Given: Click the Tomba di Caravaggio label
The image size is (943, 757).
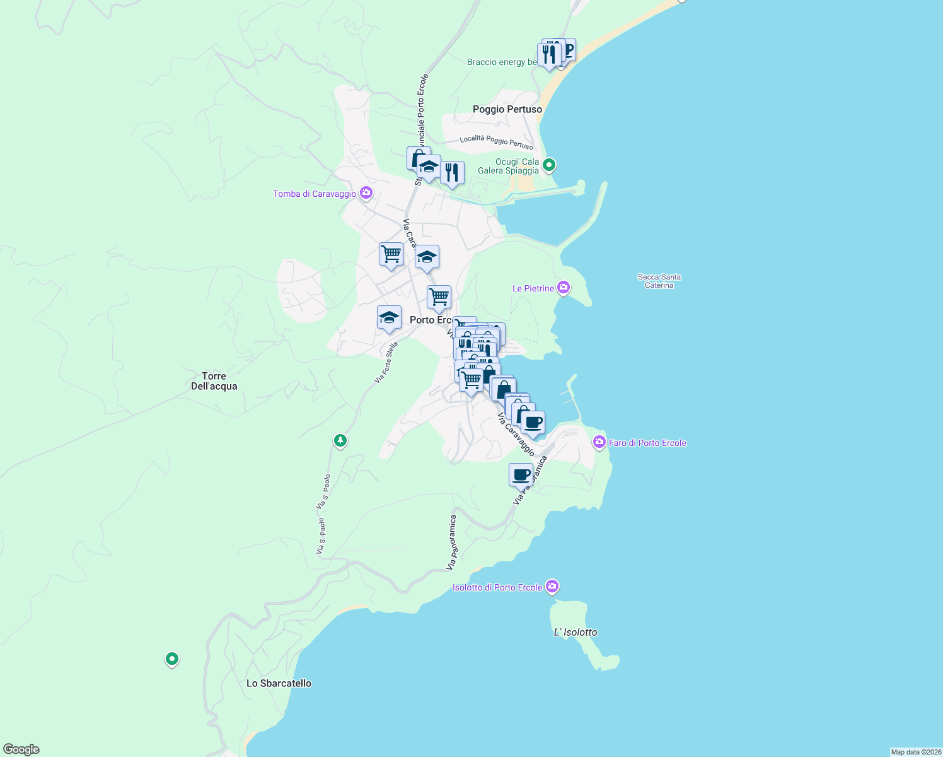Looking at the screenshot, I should click(x=315, y=194).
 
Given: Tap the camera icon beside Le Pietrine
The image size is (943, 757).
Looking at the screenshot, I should click(x=564, y=288).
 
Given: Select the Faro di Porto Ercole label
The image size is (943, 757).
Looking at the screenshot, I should click(x=647, y=443).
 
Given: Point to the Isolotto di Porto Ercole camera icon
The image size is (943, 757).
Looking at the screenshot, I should click(x=553, y=587).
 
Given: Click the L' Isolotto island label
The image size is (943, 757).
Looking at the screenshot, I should click(x=575, y=632).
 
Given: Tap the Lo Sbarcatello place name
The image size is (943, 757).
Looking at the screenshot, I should click(x=279, y=683).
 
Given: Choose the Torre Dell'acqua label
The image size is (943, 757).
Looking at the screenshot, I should click(x=214, y=381).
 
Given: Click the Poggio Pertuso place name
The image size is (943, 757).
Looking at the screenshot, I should click(x=507, y=109).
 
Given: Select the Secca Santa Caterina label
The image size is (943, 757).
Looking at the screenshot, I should click(x=659, y=281).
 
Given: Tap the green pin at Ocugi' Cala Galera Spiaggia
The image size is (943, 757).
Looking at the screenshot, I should click(x=549, y=165).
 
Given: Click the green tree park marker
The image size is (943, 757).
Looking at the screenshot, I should click(x=340, y=440).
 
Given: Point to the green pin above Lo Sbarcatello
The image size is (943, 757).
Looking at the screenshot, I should click(x=172, y=659).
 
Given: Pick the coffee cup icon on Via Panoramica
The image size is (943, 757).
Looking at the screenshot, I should click(x=521, y=475).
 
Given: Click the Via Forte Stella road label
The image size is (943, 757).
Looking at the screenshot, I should click(x=386, y=363).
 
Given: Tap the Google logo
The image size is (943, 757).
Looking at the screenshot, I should click(x=21, y=749).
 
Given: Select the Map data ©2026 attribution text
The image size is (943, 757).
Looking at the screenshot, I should click(x=916, y=752).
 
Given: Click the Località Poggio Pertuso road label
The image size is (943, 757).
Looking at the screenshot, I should click(x=496, y=142).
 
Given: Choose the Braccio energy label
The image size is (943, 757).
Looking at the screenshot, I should click(x=502, y=62).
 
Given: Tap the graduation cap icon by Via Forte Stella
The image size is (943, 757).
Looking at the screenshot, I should click(x=389, y=318).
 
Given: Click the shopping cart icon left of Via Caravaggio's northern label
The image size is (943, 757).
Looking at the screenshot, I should click(x=391, y=254).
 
